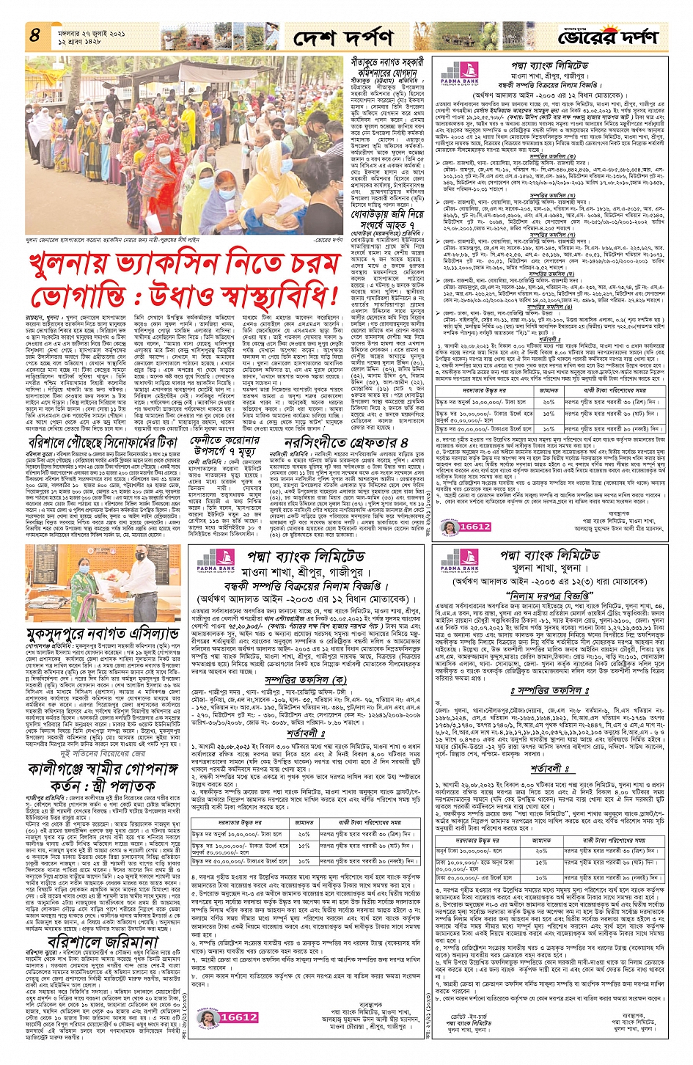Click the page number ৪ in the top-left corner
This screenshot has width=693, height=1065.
coord(35,34)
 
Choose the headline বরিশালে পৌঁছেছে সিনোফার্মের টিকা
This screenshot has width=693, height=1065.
coord(103,442)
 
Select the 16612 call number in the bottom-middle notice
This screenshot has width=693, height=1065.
coord(239,1017)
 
